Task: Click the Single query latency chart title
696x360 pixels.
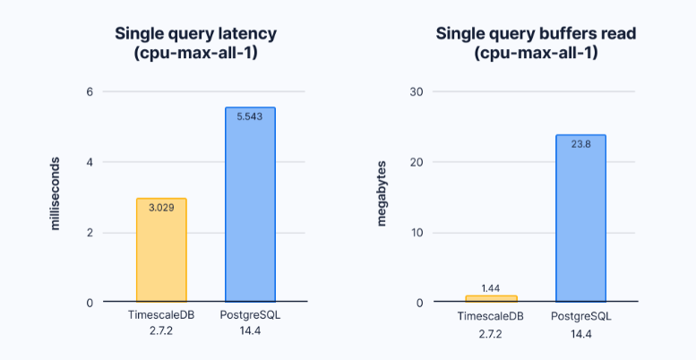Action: [x=195, y=43]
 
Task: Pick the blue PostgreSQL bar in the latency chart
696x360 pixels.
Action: [x=250, y=206]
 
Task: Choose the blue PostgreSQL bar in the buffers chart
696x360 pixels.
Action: [x=580, y=219]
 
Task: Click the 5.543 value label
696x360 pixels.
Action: [x=250, y=116]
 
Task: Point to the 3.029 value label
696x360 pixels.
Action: [x=161, y=208]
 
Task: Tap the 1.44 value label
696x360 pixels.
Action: [x=491, y=287]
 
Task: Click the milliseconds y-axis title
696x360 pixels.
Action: [x=56, y=196]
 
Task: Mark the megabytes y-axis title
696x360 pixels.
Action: [x=382, y=193]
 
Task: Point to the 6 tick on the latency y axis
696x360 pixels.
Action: [x=89, y=91]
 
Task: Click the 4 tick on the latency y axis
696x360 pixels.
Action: [x=89, y=162]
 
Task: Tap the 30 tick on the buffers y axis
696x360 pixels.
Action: [x=417, y=91]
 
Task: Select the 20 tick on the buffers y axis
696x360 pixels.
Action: [x=417, y=162]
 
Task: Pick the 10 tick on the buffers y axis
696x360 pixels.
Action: [x=417, y=233]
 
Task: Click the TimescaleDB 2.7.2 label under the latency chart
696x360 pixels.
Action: [x=161, y=324]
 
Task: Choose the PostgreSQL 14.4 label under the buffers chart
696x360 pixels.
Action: [x=580, y=324]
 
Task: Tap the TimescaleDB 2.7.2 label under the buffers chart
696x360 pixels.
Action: [x=491, y=324]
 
